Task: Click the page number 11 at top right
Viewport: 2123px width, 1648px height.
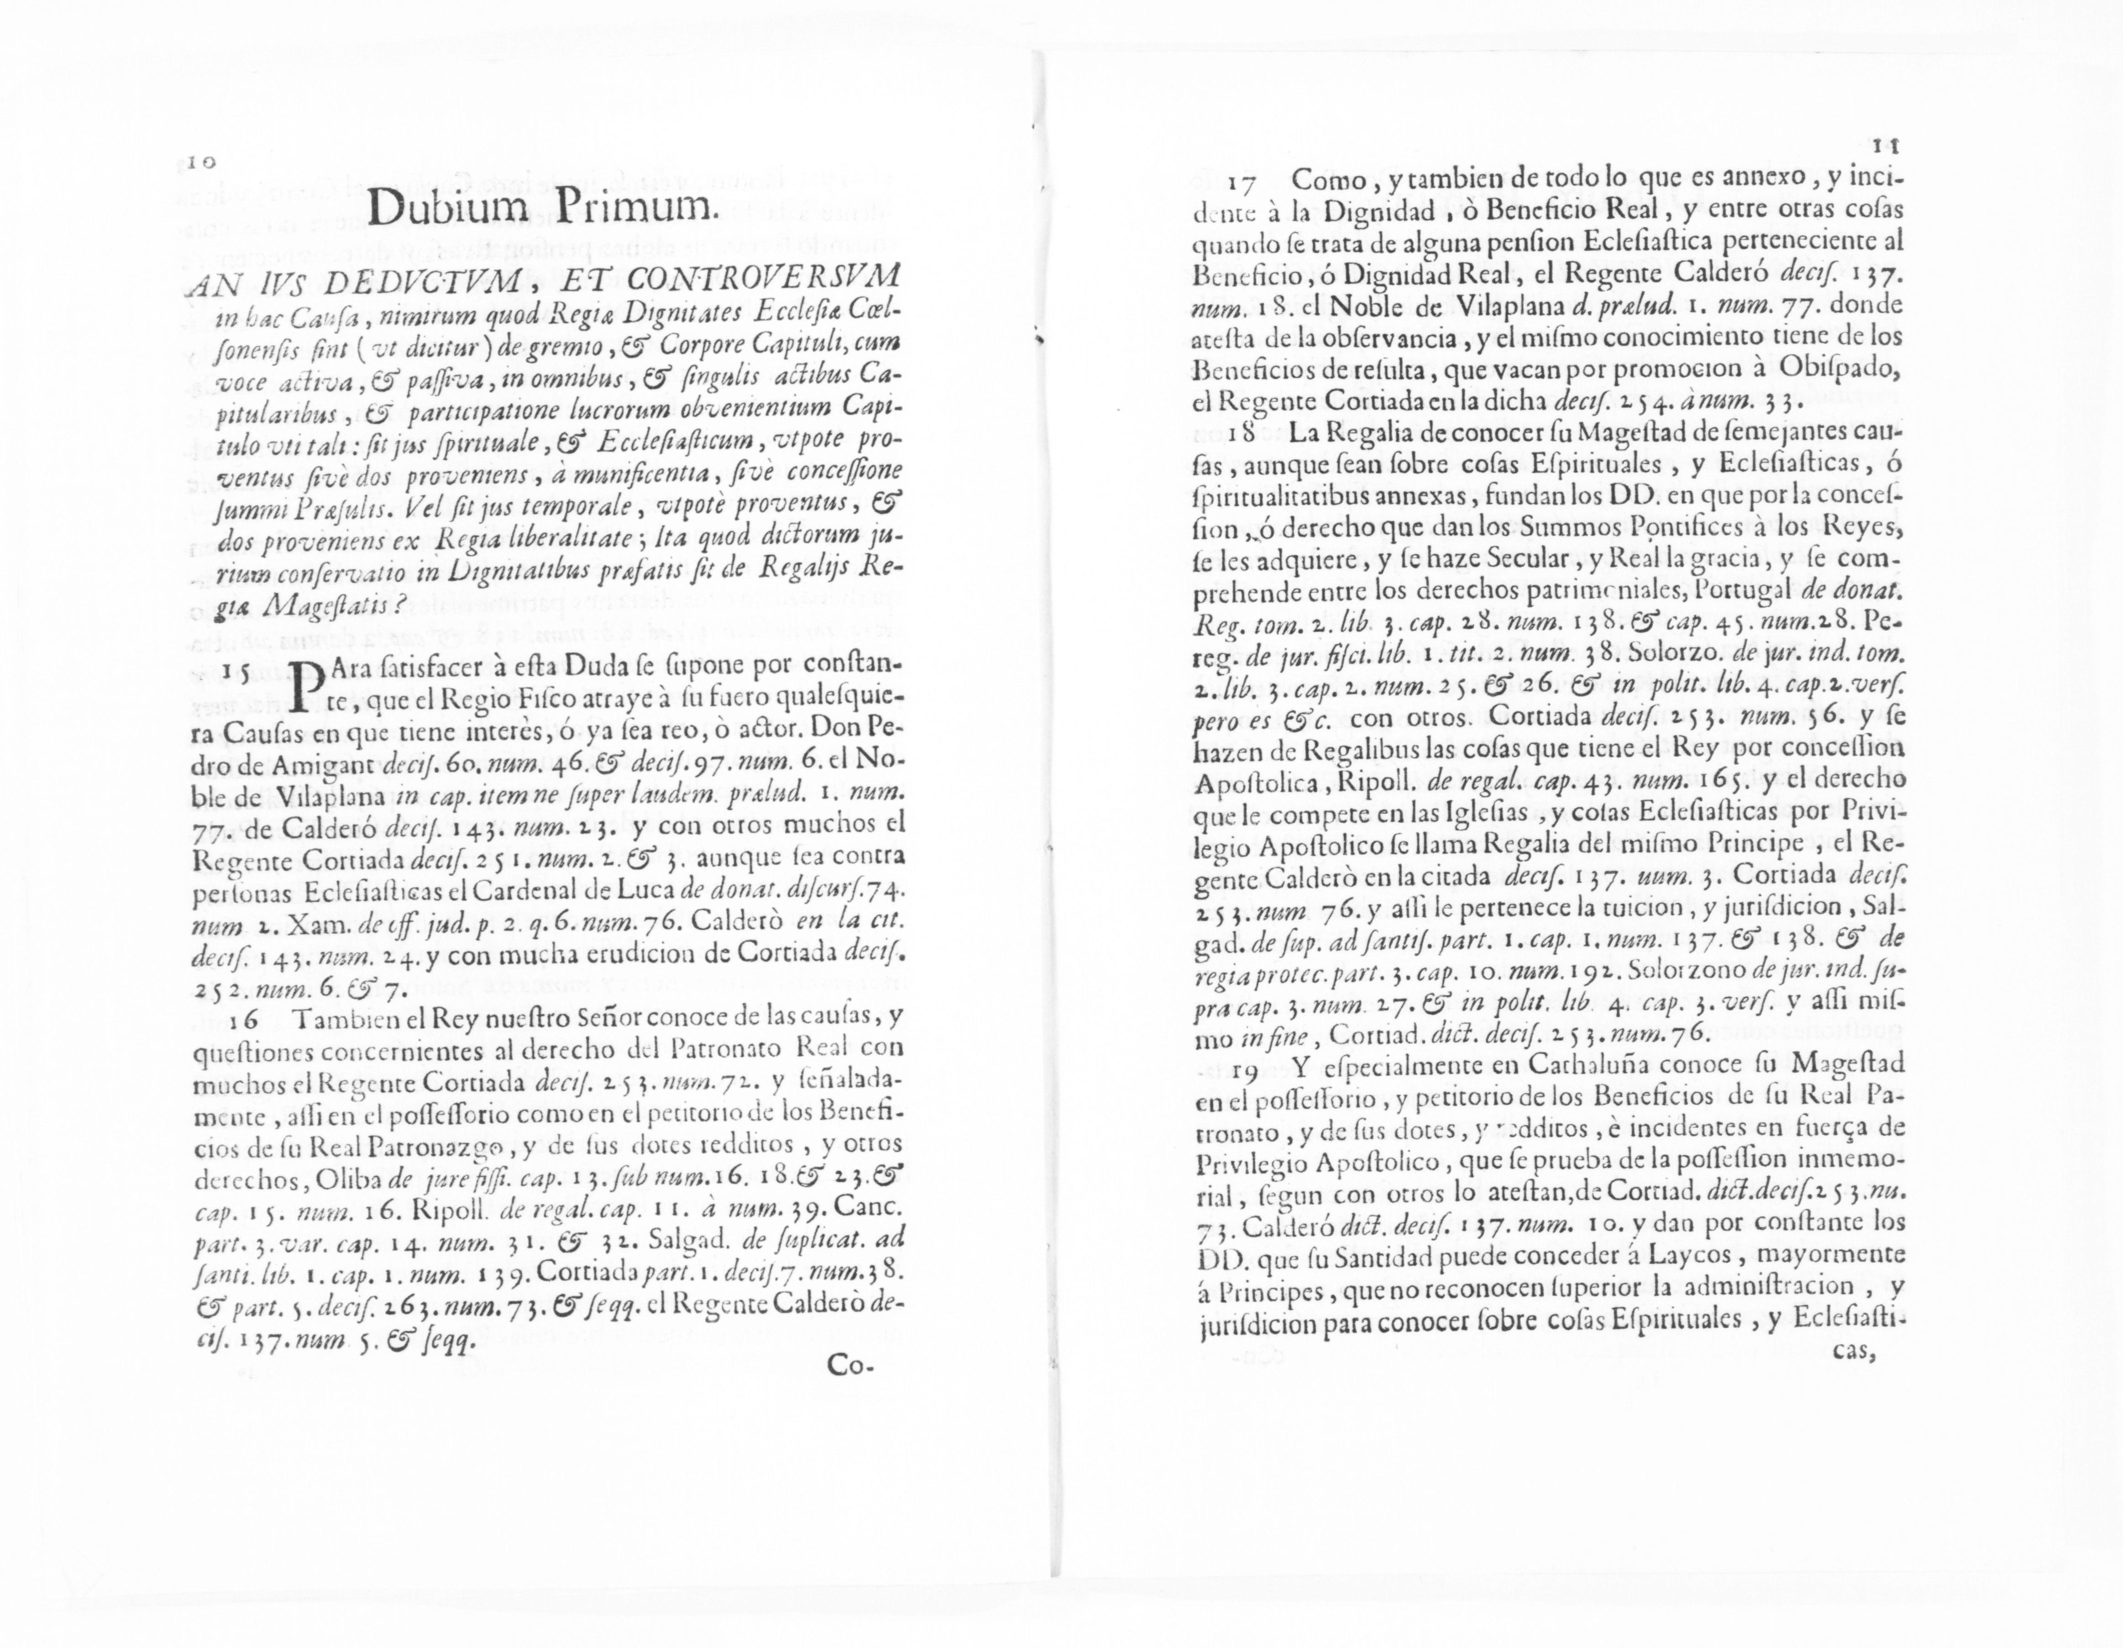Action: pos(1887,146)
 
